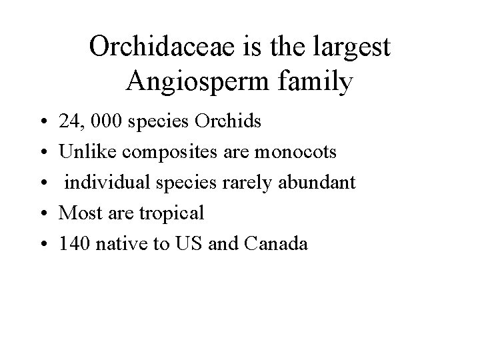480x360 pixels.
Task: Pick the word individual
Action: click(x=99, y=183)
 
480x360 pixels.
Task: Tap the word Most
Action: click(x=77, y=214)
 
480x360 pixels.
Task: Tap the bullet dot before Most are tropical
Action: click(x=43, y=215)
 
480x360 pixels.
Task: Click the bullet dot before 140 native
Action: click(x=43, y=245)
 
